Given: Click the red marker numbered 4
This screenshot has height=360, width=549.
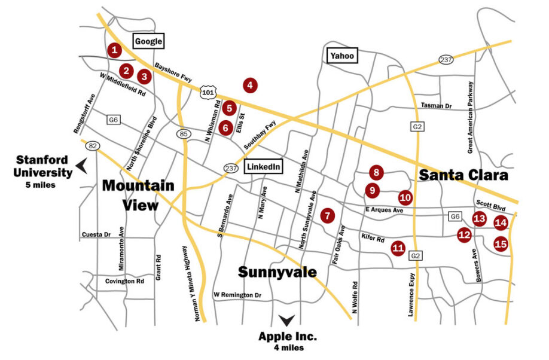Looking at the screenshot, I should (x=250, y=86).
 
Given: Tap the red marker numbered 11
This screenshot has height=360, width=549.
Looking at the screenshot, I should (x=398, y=248).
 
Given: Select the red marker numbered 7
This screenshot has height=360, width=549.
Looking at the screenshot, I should (x=327, y=215).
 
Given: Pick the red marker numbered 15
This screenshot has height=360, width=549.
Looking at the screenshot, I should (x=501, y=243).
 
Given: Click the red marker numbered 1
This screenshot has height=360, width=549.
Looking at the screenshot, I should (x=114, y=50).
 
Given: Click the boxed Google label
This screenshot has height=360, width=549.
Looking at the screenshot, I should (x=148, y=41).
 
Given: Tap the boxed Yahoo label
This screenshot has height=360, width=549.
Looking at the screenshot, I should (x=342, y=56).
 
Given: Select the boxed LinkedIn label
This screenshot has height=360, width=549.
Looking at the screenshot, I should (x=263, y=167).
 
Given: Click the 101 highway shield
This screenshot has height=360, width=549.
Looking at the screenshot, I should (x=208, y=91).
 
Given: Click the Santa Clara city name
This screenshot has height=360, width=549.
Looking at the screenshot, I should (x=463, y=175).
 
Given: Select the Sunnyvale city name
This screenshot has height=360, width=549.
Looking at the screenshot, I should (x=277, y=272).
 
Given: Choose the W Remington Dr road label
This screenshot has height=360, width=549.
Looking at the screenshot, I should (x=237, y=295).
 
